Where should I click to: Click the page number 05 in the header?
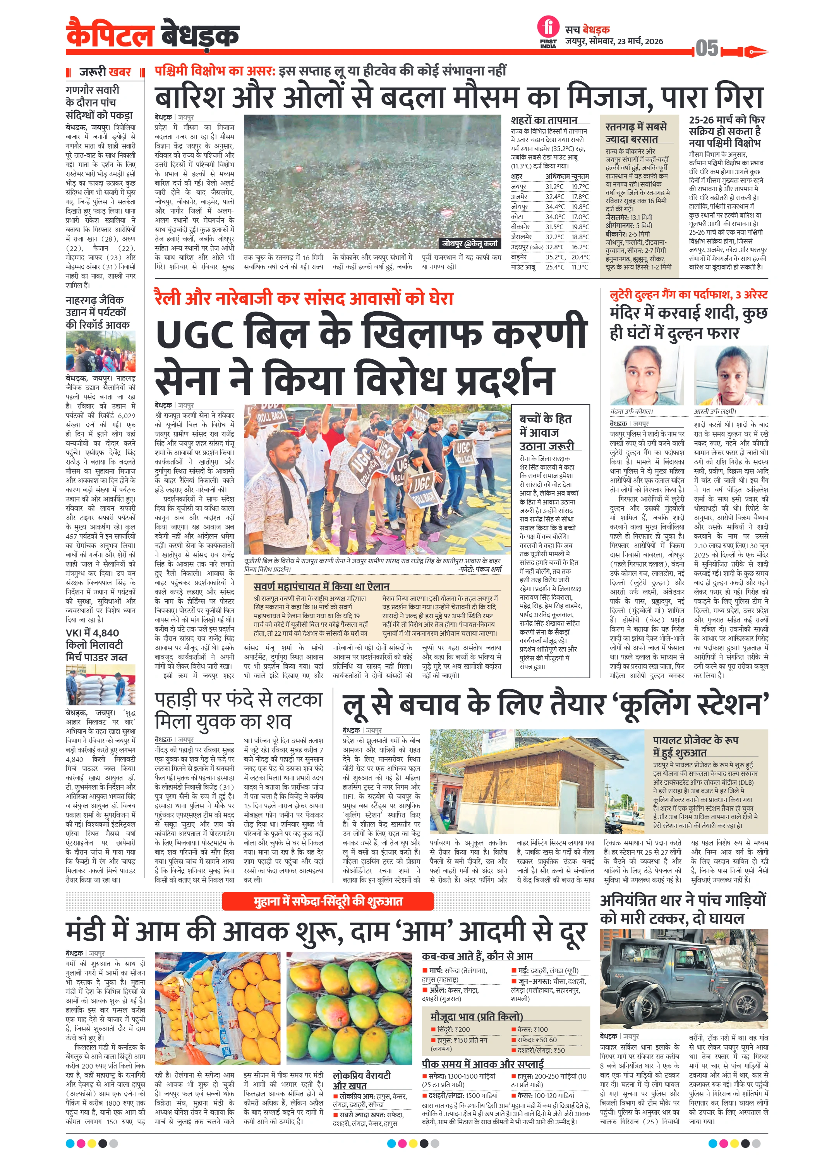click(707, 49)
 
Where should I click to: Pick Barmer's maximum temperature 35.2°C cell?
click(554, 257)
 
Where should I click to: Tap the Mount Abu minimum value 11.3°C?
click(580, 267)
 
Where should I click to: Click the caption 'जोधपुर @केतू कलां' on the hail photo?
click(470, 244)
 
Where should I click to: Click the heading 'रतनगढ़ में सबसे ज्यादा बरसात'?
click(636, 132)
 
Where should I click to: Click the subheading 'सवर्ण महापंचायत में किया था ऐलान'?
click(321, 587)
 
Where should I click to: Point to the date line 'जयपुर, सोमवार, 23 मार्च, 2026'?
click(614, 41)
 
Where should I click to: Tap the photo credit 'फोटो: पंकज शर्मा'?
click(480, 569)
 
